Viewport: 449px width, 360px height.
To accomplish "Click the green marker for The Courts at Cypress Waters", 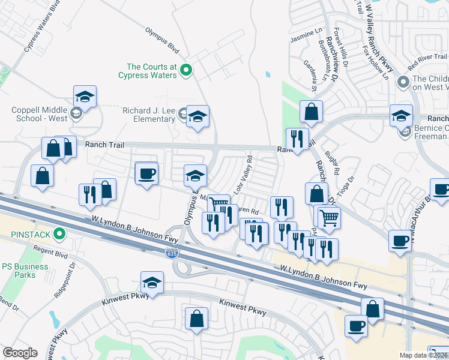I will click(x=186, y=71).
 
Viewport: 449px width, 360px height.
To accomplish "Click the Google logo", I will click(x=20, y=353).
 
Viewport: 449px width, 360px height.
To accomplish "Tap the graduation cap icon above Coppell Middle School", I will click(x=85, y=97).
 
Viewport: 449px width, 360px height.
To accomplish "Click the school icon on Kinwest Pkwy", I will click(x=152, y=283).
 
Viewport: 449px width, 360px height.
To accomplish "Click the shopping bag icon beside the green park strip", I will click(x=312, y=111).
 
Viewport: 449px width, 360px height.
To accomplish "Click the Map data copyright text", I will click(x=423, y=355).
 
